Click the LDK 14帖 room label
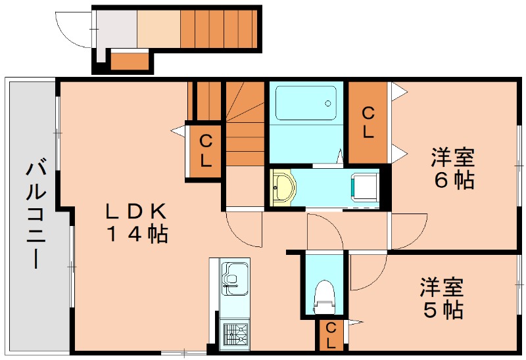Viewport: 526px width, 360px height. click(x=137, y=223)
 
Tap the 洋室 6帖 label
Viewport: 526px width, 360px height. click(x=453, y=169)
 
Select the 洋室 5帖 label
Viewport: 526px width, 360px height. click(x=442, y=298)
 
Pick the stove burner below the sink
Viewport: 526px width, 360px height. click(x=235, y=332)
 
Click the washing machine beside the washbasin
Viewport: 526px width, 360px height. click(x=364, y=186)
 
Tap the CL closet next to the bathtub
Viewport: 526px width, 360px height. click(x=368, y=122)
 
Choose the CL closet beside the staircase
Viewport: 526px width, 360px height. click(x=206, y=150)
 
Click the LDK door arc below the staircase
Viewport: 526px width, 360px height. click(x=241, y=230)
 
